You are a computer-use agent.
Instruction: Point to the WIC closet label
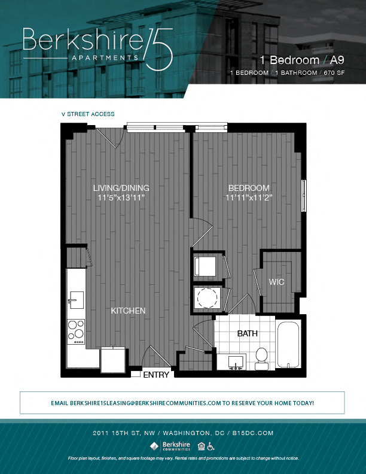pos(276,281)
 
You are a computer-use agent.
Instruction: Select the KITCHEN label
pos(128,311)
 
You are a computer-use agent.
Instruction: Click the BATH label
pos(247,333)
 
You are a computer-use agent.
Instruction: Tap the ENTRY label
pos(155,375)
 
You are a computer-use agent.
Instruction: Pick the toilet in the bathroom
pos(261,355)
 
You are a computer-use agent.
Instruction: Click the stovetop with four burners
pos(76,331)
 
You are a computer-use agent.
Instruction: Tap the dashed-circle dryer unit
pos(208,297)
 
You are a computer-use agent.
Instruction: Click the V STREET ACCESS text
pos(88,114)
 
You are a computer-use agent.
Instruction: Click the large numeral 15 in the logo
pos(158,48)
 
